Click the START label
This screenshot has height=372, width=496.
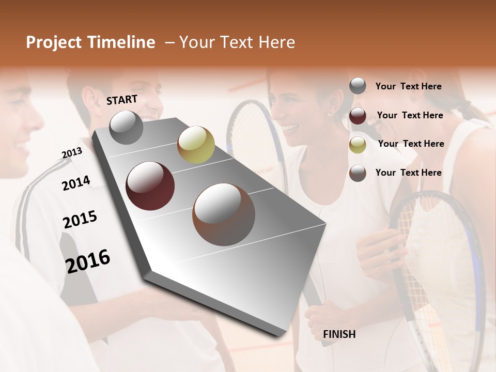point(122,100)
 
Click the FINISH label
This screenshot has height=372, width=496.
point(339,334)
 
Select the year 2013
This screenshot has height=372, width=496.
point(72,153)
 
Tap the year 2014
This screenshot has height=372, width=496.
point(76,183)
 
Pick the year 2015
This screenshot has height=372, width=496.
point(80,220)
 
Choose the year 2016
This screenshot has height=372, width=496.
point(88,261)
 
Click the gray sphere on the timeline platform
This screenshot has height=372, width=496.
point(127,127)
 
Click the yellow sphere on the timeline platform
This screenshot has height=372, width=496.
point(196,144)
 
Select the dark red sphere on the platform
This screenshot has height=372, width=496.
point(150,185)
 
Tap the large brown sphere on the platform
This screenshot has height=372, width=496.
point(223,214)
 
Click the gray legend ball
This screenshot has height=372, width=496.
point(358,86)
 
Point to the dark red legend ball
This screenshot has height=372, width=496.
point(358,116)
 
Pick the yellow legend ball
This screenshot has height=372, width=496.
point(358,145)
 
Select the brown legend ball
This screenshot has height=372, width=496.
point(358,173)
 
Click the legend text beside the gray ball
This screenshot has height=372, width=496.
point(408,86)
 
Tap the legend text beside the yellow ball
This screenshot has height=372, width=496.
point(411,144)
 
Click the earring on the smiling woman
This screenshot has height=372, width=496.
point(329,114)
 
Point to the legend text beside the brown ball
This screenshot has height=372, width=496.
point(408,173)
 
